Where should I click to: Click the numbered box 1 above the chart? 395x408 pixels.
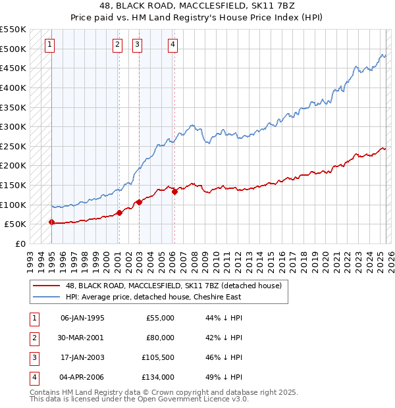[x=50, y=45]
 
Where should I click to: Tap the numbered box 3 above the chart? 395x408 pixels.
[x=137, y=45]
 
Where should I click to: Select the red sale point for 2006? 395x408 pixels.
[x=175, y=191]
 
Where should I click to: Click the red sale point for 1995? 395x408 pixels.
[x=51, y=222]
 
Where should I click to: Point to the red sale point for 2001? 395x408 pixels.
[x=119, y=213]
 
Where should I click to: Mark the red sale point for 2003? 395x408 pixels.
[x=139, y=203]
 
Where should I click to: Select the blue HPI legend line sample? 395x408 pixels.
[x=47, y=297]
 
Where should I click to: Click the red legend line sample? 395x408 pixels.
[x=47, y=286]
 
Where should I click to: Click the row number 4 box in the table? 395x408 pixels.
[x=32, y=377]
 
